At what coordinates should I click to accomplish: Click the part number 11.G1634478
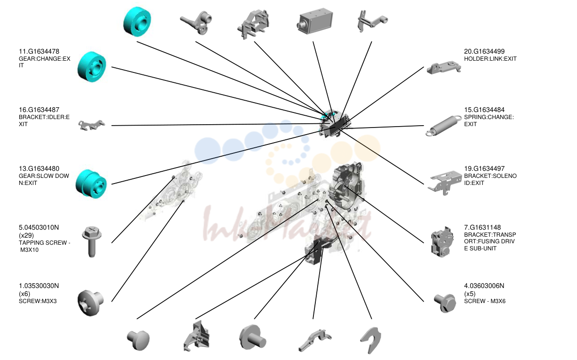(39, 51)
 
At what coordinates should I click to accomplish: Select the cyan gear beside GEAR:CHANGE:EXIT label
(92, 67)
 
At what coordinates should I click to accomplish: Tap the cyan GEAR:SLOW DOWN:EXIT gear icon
(91, 184)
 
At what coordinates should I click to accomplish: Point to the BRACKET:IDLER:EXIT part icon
(91, 125)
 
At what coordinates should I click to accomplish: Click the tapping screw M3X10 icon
(92, 241)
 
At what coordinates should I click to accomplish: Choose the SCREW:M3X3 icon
(91, 303)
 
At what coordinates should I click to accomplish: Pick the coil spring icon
(443, 125)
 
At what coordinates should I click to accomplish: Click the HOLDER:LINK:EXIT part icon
(444, 67)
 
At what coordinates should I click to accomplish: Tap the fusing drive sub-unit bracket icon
(442, 241)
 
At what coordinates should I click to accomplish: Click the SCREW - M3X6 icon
(445, 303)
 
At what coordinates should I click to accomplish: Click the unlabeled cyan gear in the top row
(137, 22)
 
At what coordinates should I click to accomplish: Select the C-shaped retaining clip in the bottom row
(371, 340)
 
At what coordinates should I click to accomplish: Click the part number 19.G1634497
(484, 168)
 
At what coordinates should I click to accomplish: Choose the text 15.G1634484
(484, 110)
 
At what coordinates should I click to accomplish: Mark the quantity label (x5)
(470, 294)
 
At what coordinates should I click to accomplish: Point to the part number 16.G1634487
(39, 110)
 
